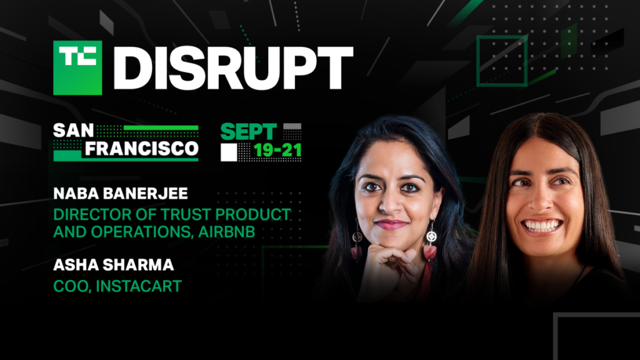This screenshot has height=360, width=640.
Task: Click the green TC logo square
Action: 77,67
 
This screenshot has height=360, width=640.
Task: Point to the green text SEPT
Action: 248,132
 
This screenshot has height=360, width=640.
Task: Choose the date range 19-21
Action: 278,151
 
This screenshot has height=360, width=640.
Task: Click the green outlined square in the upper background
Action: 502,60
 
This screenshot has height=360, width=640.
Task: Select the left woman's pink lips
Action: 391,224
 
